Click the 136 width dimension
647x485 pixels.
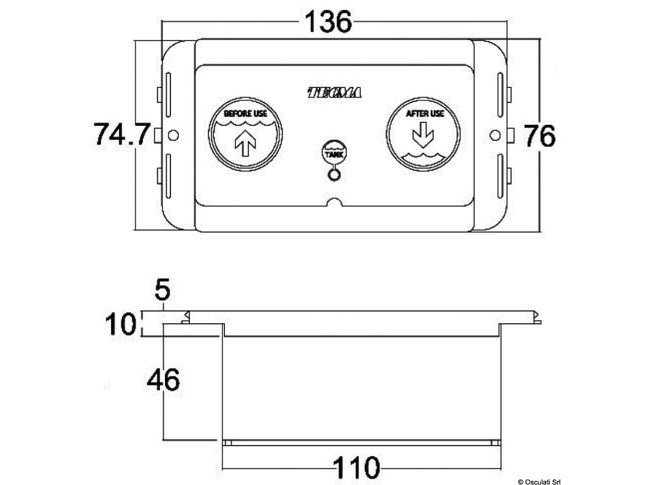click(328, 22)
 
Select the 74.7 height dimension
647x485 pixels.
click(121, 135)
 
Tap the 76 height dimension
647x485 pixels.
click(540, 136)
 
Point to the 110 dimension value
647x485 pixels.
click(356, 468)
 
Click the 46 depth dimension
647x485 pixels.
click(163, 380)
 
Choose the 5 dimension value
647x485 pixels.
click(162, 291)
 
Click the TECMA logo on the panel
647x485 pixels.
click(334, 93)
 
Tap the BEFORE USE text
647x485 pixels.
click(245, 114)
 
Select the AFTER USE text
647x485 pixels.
click(424, 114)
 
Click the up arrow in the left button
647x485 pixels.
click(245, 144)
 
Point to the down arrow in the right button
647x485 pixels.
click(423, 135)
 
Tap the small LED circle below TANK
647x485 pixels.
click(334, 175)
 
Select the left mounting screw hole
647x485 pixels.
click(173, 135)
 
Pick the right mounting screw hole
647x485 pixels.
click(494, 135)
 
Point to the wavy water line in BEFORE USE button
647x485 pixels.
click(245, 125)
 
